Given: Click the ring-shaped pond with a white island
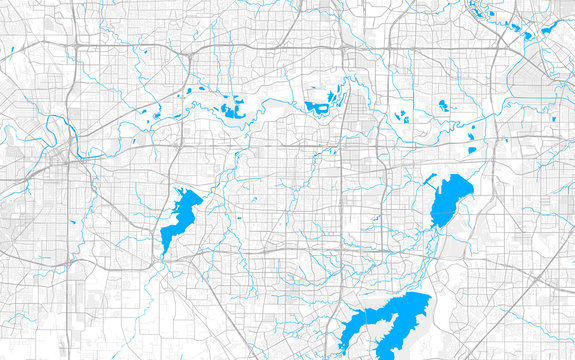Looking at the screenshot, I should [320, 104].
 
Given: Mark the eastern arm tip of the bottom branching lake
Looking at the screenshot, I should [427, 297].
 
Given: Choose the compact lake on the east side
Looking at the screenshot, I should [450, 200].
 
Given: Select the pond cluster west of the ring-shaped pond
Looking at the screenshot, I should [232, 106].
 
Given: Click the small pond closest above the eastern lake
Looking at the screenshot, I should [472, 151].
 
